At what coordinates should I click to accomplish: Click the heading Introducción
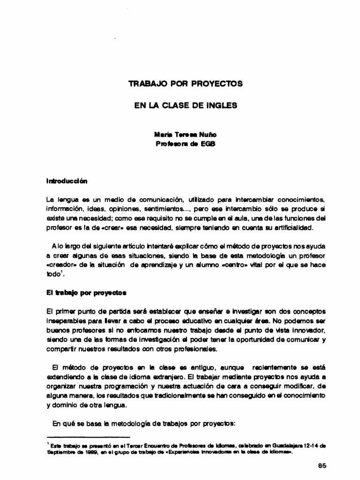[x=67, y=180]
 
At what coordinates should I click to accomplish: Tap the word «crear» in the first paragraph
[x=116, y=227]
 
